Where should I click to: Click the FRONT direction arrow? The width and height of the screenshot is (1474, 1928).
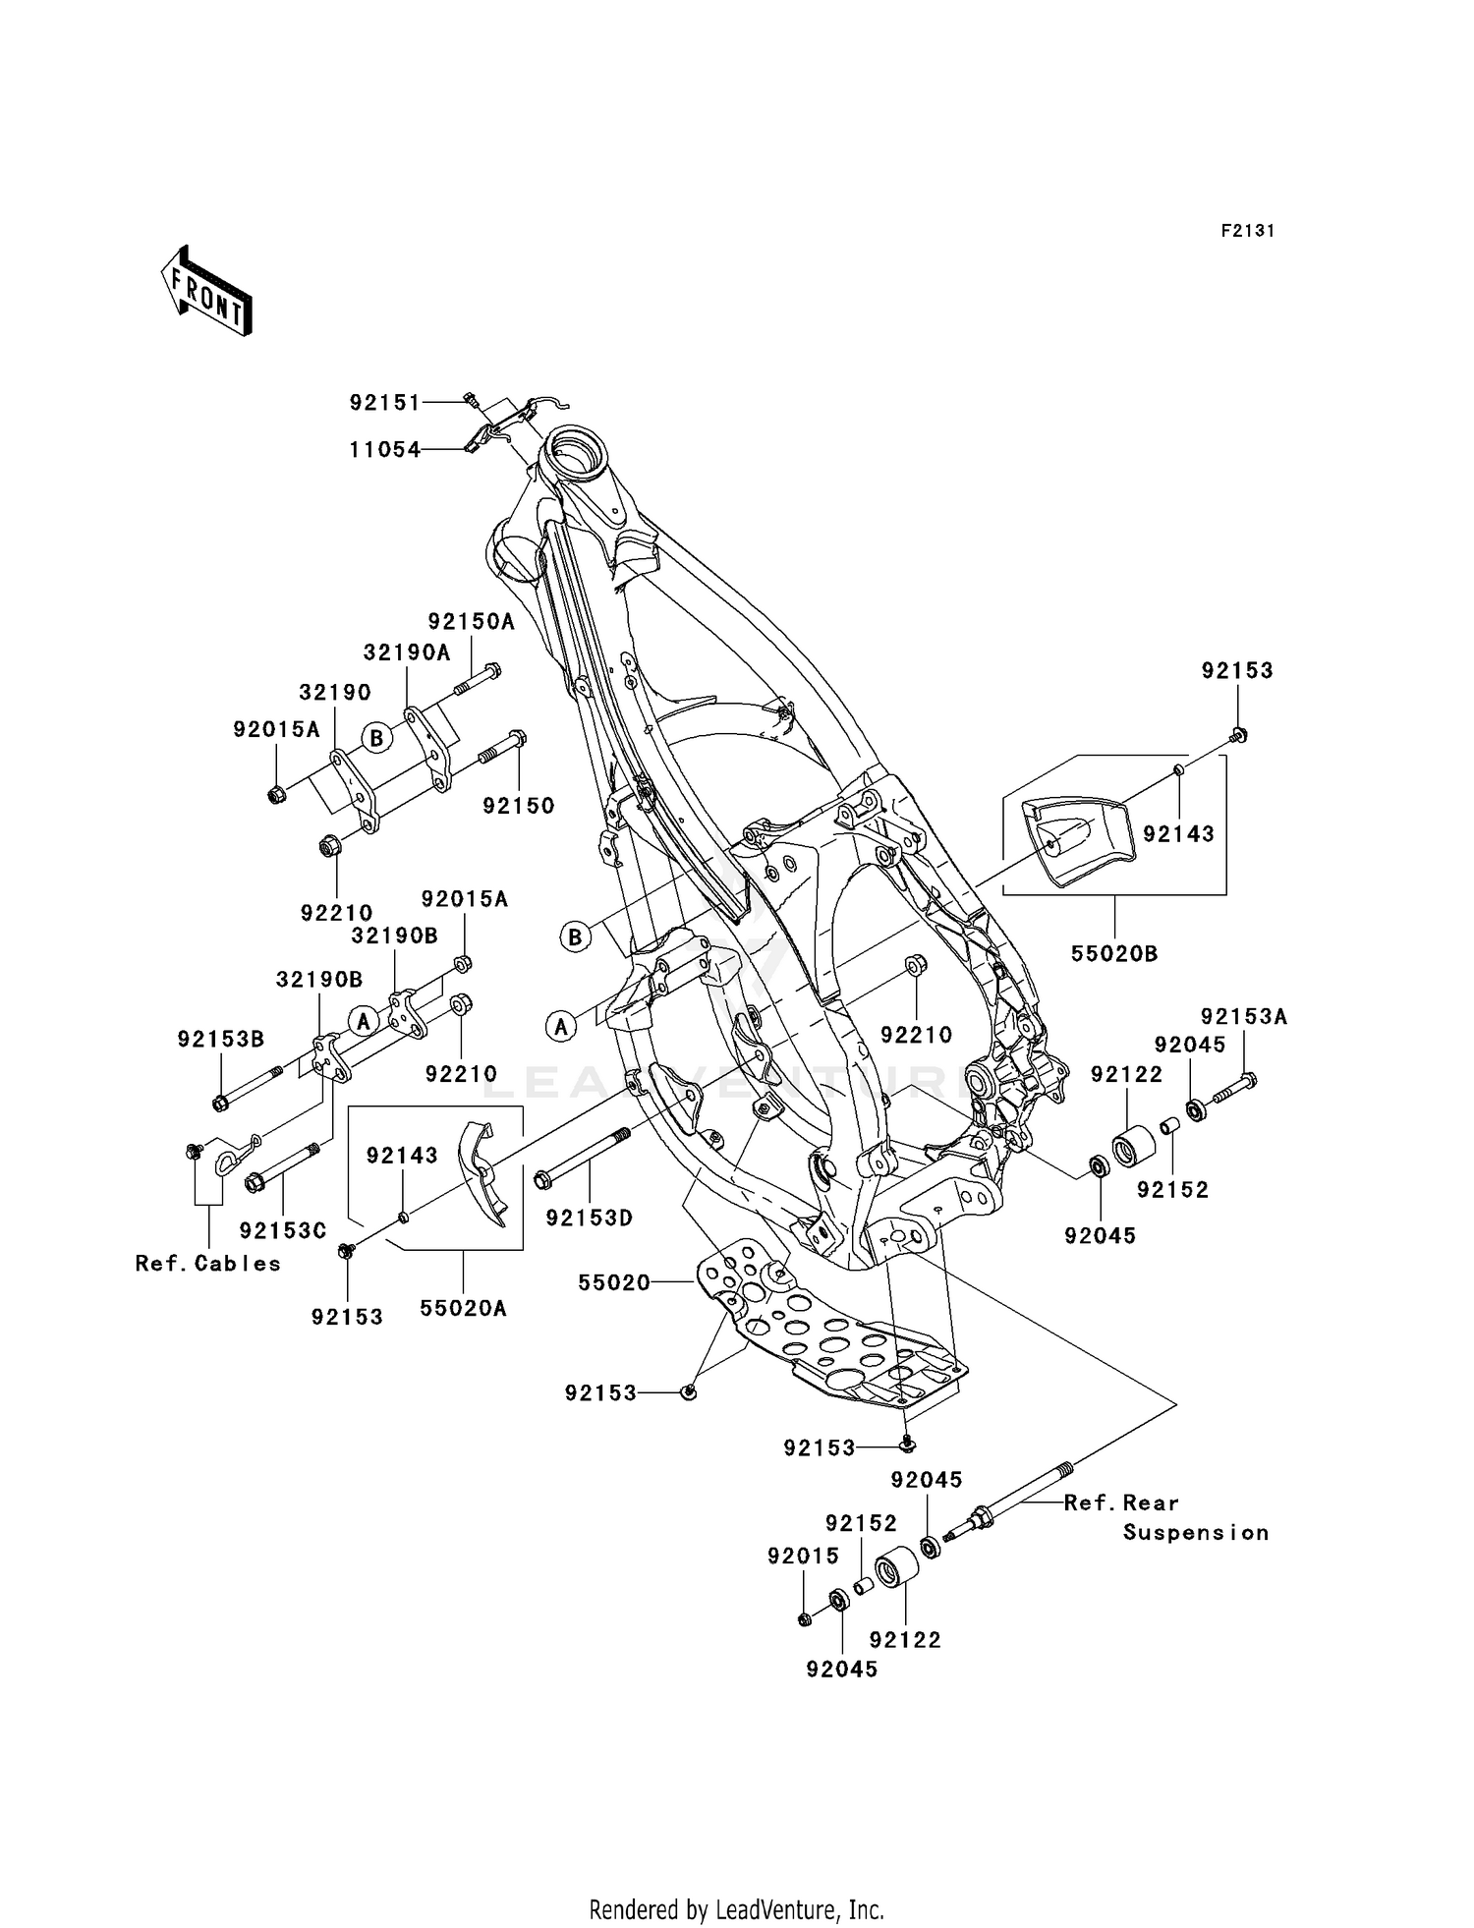(x=207, y=291)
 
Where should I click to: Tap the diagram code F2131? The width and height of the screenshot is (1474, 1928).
(x=1247, y=231)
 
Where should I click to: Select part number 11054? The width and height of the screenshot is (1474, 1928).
(x=385, y=450)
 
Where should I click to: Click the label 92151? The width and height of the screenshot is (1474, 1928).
(x=385, y=403)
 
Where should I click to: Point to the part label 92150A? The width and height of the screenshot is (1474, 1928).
(x=471, y=621)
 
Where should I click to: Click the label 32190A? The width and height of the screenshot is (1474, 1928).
(x=407, y=652)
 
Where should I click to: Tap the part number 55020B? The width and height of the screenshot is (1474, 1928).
(x=1114, y=953)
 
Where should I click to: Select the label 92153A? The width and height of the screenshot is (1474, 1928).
(x=1243, y=1017)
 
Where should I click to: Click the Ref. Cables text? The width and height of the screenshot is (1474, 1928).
(x=208, y=1264)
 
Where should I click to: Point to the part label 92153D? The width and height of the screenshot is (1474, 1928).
(x=590, y=1218)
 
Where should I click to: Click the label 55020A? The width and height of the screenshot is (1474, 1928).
(x=464, y=1308)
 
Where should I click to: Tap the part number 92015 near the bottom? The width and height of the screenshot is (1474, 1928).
(x=804, y=1557)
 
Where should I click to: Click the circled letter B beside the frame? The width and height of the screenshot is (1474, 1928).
(x=576, y=936)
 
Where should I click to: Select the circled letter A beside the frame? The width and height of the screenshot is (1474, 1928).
(x=561, y=1028)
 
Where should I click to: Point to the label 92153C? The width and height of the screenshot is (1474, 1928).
(x=282, y=1230)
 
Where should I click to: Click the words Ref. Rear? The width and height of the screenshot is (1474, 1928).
(x=1121, y=1503)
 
